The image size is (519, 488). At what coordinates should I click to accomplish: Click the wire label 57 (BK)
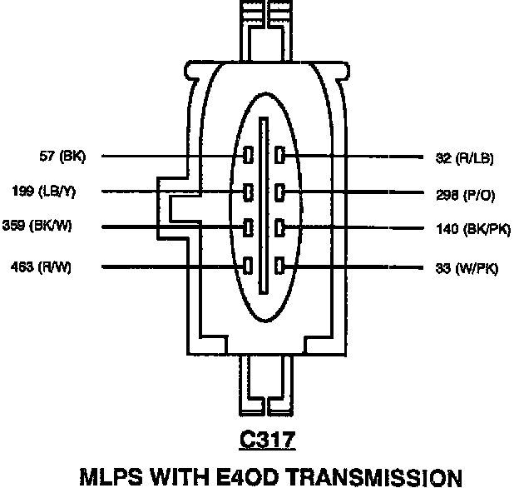coord(62,156)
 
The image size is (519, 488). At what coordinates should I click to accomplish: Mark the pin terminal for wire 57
coord(248,156)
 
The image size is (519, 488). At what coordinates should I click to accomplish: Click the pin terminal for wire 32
coord(280,156)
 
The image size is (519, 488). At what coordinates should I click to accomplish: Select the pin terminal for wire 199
coord(248,192)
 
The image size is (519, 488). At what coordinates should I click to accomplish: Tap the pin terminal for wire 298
coord(280,192)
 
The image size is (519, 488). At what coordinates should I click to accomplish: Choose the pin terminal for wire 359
coord(248,227)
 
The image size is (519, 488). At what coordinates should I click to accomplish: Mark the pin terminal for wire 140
coord(280,227)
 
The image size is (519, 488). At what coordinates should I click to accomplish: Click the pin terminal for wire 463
coord(248,266)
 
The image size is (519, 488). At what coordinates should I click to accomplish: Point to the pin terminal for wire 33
coord(280,266)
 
